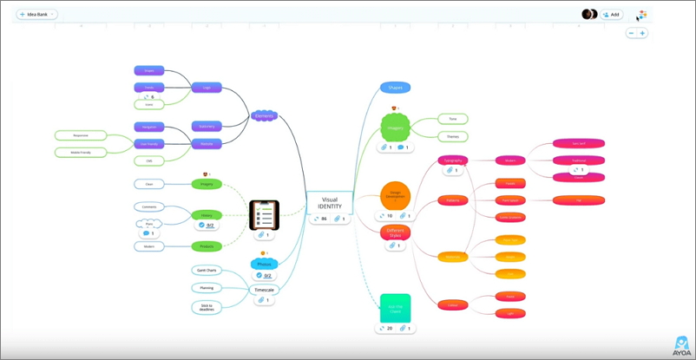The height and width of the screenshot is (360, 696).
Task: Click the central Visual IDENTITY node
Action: (x=330, y=203)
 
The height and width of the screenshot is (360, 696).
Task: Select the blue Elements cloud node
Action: (x=265, y=115)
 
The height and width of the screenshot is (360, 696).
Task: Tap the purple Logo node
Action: (x=207, y=88)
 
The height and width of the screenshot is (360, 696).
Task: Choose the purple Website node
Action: (x=207, y=143)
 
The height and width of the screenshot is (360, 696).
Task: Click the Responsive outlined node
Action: (x=79, y=135)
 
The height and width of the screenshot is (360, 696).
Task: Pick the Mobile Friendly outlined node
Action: (x=79, y=152)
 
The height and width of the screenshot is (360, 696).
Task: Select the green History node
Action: (x=207, y=214)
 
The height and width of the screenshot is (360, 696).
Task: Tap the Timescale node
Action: (x=264, y=290)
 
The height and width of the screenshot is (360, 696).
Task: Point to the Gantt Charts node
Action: (x=207, y=271)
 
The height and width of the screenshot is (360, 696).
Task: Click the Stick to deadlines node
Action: (x=207, y=306)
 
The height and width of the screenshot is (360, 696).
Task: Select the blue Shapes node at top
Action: (x=395, y=88)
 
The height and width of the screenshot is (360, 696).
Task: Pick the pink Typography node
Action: (x=453, y=160)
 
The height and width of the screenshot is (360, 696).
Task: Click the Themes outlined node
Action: (x=452, y=136)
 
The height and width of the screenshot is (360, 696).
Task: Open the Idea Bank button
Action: (x=36, y=14)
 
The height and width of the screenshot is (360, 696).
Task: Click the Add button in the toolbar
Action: (x=612, y=14)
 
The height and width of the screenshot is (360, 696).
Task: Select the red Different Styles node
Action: (x=395, y=232)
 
